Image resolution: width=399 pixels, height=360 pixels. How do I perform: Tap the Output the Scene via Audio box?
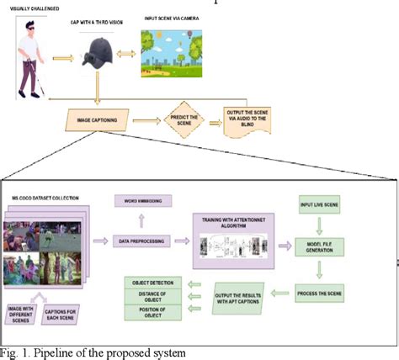coord(248,121)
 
